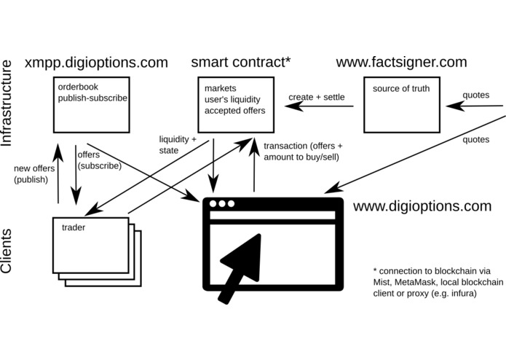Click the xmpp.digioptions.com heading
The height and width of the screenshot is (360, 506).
pyautogui.click(x=97, y=62)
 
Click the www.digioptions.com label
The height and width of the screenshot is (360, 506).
pyautogui.click(x=422, y=206)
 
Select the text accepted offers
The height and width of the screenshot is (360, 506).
pyautogui.click(x=235, y=111)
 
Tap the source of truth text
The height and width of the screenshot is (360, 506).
pyautogui.click(x=401, y=89)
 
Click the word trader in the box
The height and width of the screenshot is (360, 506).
pyautogui.click(x=74, y=227)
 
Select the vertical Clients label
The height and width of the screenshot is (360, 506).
pyautogui.click(x=9, y=250)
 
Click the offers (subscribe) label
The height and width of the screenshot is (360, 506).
pyautogui.click(x=100, y=160)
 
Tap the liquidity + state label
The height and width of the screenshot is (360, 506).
pyautogui.click(x=178, y=144)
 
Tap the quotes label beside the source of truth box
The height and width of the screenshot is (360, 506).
pyautogui.click(x=475, y=93)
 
